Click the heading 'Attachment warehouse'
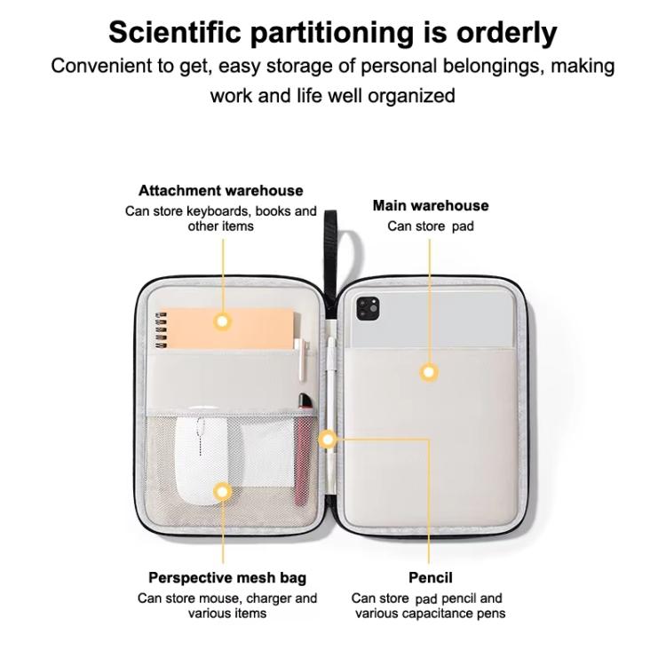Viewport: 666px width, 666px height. tap(221, 191)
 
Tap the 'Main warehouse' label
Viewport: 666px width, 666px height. tap(431, 206)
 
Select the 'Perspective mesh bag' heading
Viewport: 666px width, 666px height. tap(227, 578)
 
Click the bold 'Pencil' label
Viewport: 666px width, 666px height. tap(431, 578)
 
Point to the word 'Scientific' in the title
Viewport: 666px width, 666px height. tap(175, 32)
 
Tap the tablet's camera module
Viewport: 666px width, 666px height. tap(368, 308)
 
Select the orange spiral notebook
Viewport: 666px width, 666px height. tap(226, 329)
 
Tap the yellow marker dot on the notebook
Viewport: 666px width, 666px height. tap(222, 321)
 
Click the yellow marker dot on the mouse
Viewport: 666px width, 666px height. tap(221, 493)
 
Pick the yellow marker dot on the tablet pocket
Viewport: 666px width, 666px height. tap(429, 372)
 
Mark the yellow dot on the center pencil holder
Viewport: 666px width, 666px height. tap(328, 440)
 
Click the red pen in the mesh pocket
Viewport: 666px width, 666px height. tap(303, 449)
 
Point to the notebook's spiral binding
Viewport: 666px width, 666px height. tap(161, 330)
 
